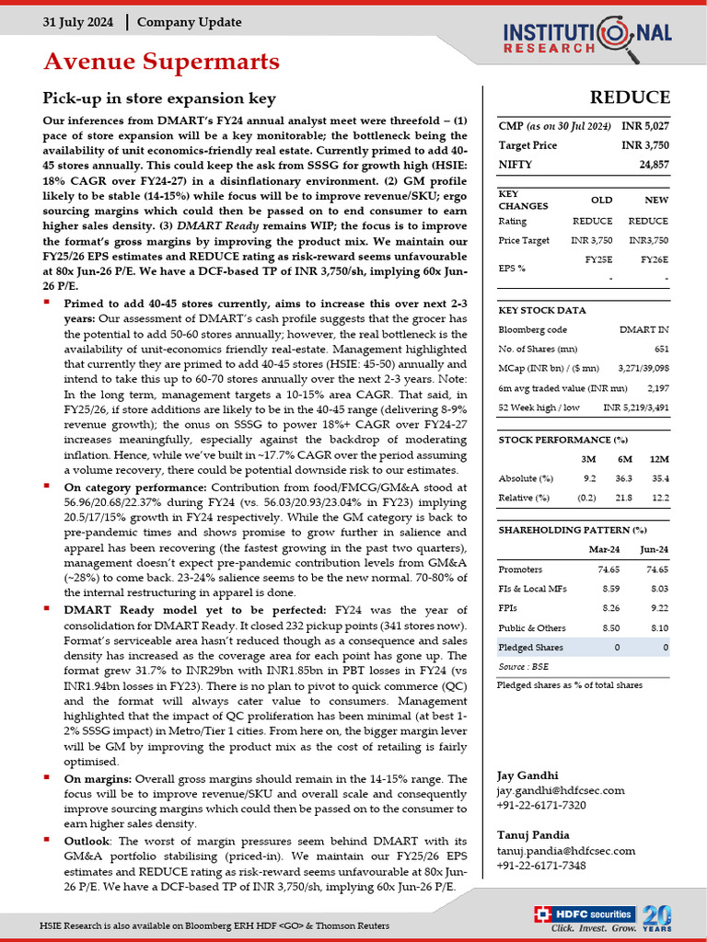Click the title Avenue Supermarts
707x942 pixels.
pos(161,62)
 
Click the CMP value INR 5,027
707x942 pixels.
pos(645,125)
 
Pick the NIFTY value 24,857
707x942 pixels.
pos(653,165)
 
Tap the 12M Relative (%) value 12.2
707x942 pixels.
pos(657,498)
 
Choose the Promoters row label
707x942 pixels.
pos(520,570)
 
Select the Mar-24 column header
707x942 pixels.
pos(603,549)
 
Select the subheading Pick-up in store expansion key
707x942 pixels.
pos(158,98)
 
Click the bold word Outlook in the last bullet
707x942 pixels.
pos(88,842)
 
